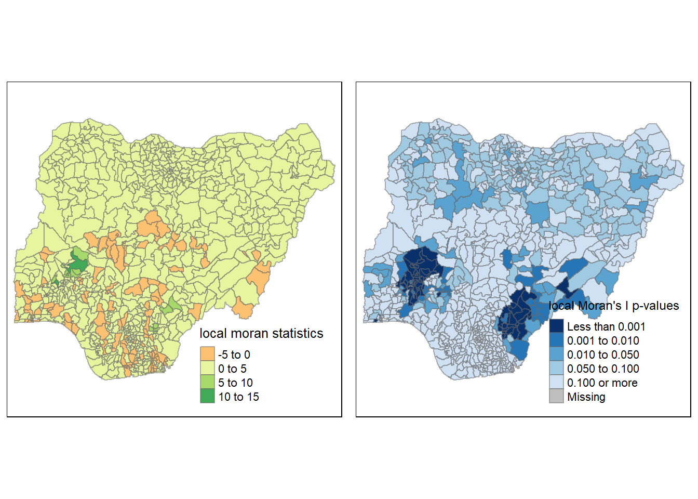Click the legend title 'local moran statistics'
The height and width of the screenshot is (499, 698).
click(x=261, y=333)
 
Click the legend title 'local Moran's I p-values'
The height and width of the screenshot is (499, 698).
click(x=614, y=306)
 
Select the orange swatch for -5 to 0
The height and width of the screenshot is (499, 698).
click(x=207, y=354)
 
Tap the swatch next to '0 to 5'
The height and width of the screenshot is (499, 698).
click(x=207, y=369)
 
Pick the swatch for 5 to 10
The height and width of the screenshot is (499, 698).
click(x=207, y=383)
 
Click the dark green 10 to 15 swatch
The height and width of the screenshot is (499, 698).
click(x=207, y=397)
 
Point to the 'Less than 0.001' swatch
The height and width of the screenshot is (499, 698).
click(x=556, y=326)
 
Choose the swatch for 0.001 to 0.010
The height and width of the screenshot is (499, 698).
click(x=556, y=340)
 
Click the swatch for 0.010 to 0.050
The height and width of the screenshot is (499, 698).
click(x=556, y=354)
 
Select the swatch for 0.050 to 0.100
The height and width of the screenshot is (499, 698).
click(x=556, y=369)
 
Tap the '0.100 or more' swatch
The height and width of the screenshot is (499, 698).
click(x=556, y=383)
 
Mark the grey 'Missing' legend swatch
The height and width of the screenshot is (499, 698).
click(x=556, y=397)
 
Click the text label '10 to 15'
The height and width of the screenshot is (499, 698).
click(x=238, y=397)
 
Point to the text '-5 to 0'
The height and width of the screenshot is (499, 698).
click(x=234, y=354)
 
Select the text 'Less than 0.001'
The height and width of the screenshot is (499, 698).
click(x=606, y=326)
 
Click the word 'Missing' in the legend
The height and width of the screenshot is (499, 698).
click(x=586, y=397)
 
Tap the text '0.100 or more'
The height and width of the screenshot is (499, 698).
click(x=602, y=383)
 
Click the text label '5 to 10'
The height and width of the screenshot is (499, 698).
click(x=235, y=383)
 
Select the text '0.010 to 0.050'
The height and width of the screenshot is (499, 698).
click(x=603, y=354)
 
